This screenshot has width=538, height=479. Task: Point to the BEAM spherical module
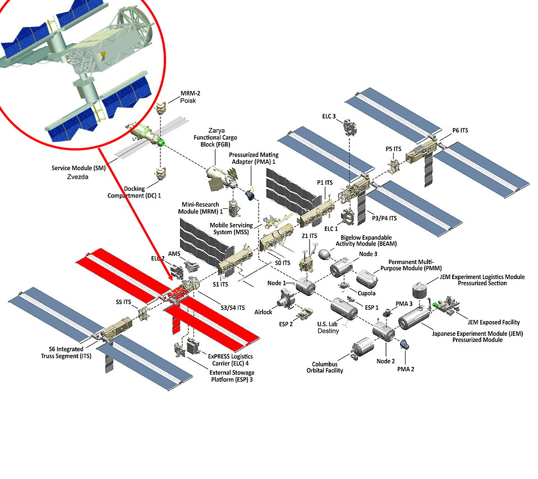325,254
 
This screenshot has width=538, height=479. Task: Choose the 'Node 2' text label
386,361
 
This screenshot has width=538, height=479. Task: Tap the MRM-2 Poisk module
162,108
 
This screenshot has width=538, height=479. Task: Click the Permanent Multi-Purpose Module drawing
369,279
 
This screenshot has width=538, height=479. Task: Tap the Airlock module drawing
285,299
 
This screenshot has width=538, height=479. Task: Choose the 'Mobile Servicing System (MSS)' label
231,229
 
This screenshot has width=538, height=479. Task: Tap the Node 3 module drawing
341,268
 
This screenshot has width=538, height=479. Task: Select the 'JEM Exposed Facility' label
493,322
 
